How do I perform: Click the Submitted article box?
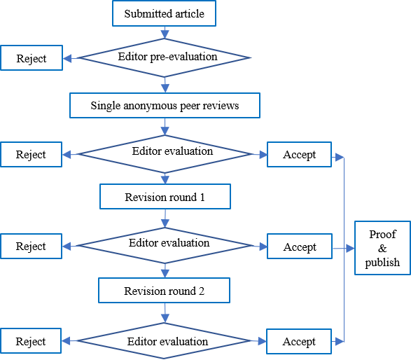tap(164, 13)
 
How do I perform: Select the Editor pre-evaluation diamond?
tap(165, 57)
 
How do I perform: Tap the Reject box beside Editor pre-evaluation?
tap(32, 57)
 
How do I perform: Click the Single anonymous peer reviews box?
tap(165, 105)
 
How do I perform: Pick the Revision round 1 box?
tap(165, 197)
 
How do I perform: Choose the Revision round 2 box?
tap(164, 291)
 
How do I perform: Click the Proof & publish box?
tap(382, 248)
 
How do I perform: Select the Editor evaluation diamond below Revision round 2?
tap(164, 340)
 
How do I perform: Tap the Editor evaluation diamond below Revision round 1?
tap(165, 245)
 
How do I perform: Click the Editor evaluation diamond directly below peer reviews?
tap(165, 154)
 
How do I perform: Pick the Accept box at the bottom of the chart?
tap(299, 341)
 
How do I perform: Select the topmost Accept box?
tap(300, 154)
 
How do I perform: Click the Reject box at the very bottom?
tap(31, 341)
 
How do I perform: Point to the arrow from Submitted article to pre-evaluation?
tap(165, 32)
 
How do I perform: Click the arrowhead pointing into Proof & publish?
tap(350, 249)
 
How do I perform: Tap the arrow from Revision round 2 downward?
tap(165, 313)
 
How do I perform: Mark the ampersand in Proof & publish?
tap(382, 249)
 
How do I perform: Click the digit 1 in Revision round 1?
tap(202, 198)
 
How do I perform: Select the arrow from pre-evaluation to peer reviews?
tap(165, 85)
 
